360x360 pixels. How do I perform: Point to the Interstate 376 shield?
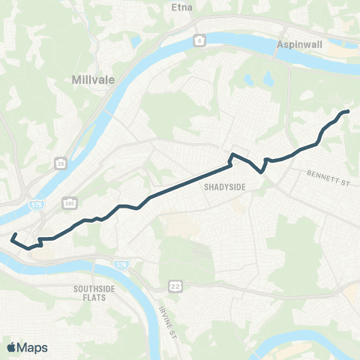(x=121, y=264)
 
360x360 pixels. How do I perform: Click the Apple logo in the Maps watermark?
(x=10, y=347)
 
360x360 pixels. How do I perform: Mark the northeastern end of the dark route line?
(x=348, y=112)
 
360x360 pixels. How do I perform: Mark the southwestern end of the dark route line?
(x=12, y=236)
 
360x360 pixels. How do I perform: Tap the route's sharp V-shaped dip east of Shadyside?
(x=261, y=171)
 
